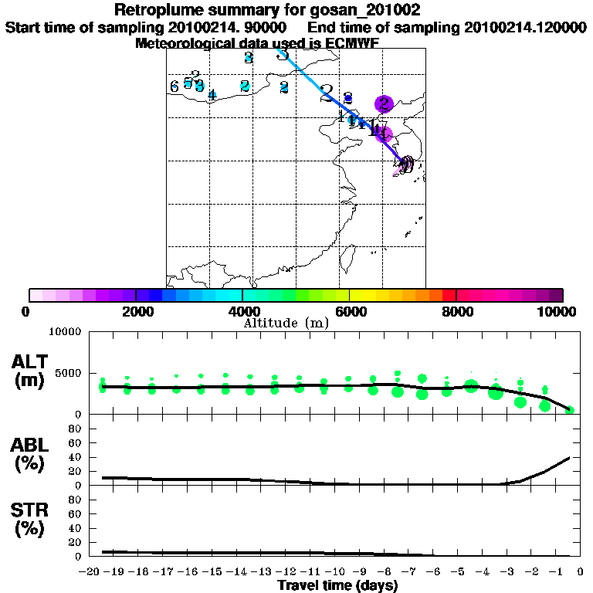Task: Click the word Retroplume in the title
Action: click(153, 10)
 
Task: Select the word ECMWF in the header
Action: click(351, 43)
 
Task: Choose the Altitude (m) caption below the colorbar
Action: click(286, 323)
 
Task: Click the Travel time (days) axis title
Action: click(337, 586)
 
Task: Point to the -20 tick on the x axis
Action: click(90, 572)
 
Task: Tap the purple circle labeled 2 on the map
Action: click(384, 103)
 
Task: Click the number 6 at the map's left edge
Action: click(175, 86)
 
